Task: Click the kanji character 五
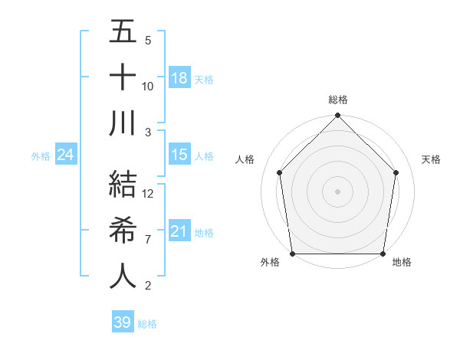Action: [123, 33]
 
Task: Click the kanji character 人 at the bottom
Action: [123, 277]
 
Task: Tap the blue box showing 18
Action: [179, 77]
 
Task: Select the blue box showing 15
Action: [179, 155]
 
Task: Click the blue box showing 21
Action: [179, 231]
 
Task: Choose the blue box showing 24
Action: [65, 155]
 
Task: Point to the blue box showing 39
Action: [123, 322]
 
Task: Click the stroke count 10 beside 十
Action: [148, 86]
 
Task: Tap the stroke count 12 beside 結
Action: [148, 194]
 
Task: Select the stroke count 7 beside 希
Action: [148, 240]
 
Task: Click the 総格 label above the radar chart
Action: [338, 100]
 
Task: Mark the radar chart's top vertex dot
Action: [338, 116]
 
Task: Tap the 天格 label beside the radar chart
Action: [432, 159]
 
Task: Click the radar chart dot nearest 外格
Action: [293, 254]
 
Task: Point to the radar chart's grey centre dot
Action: [338, 191]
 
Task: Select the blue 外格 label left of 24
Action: [41, 156]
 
